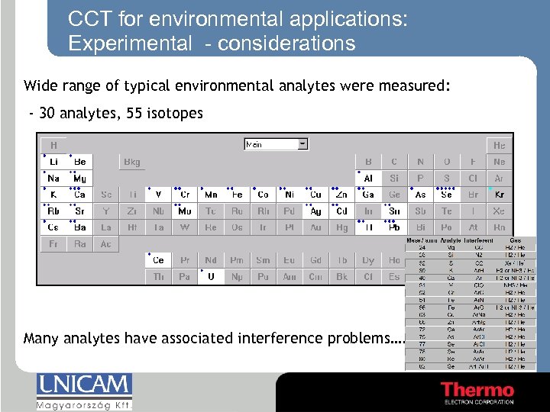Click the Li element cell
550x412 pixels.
coord(53,162)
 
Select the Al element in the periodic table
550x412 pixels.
coord(368,178)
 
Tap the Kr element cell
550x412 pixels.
coord(499,195)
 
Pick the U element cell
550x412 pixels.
coord(211,277)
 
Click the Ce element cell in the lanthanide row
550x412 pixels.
coord(158,260)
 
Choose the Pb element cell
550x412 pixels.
coord(394,227)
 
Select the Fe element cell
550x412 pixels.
coord(237,195)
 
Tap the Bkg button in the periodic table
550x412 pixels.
coord(132,162)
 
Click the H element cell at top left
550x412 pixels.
coord(53,145)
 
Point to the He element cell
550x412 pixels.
coord(499,145)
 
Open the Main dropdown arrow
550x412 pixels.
coord(303,143)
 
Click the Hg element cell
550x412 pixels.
coord(341,227)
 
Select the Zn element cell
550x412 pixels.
coord(341,195)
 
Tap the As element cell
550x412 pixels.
coord(420,195)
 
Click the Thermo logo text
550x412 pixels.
coord(477,390)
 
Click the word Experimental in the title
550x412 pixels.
coord(130,43)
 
